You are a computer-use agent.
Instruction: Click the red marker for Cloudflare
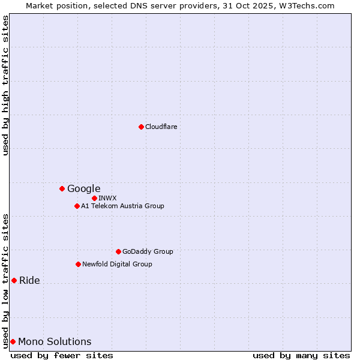141,127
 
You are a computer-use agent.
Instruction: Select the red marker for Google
62,188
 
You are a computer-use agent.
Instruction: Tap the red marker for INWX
94,198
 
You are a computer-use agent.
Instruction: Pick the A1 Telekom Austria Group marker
77,206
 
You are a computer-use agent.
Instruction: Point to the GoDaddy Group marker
118,251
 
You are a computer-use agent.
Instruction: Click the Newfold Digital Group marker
78,264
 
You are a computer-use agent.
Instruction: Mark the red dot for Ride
14,280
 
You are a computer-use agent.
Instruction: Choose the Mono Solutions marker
13,341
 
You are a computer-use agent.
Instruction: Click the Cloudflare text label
161,127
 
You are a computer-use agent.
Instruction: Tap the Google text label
84,188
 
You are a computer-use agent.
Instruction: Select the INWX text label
108,198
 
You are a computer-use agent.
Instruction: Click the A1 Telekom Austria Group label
123,206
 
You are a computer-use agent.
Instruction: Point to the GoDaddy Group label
148,251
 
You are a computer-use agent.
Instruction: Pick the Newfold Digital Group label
118,264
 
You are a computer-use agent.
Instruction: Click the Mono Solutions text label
55,341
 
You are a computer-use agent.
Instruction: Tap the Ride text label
30,280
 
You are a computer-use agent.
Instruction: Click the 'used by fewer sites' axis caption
62,355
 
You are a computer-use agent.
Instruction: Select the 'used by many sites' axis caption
301,355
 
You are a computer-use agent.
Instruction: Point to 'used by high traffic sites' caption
6,85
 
